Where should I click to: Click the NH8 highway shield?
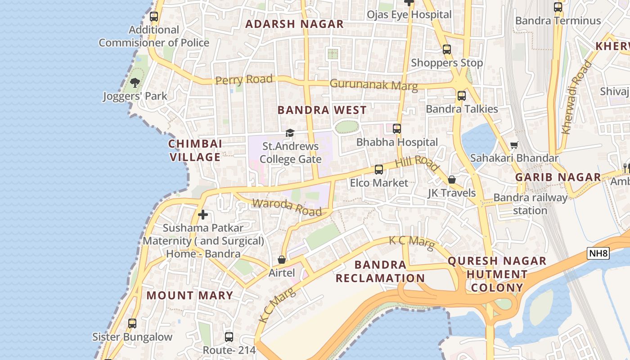598,253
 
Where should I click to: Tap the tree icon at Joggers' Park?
135,83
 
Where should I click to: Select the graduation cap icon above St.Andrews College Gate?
290,133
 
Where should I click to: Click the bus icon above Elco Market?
379,170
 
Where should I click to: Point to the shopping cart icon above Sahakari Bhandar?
514,145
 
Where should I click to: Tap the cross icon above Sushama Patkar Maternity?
203,215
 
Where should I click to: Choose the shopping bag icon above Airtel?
282,260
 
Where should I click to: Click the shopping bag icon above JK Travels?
452,180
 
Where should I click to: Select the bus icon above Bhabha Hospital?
396,129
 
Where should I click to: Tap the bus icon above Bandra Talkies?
461,95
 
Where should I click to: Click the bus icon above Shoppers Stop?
446,49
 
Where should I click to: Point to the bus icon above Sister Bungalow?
132,324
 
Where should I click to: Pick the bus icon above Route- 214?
229,337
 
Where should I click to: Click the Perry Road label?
244,80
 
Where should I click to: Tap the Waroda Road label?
287,207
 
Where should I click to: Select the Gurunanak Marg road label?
373,84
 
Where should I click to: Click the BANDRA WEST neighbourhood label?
322,110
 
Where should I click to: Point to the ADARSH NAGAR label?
294,24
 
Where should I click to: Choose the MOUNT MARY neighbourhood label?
190,295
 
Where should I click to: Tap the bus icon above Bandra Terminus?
558,7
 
